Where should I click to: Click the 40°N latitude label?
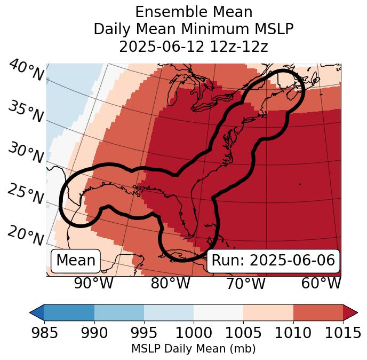[x=26, y=71]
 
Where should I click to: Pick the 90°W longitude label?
[x=93, y=284]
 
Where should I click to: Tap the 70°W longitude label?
[x=245, y=284]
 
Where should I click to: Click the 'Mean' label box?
[x=76, y=261]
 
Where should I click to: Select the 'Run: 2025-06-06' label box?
[x=273, y=261]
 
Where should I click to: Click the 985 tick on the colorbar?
[x=44, y=333]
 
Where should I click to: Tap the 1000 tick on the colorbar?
[x=194, y=333]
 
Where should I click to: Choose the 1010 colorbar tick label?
[x=293, y=333]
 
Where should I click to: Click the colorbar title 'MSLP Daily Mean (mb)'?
[x=193, y=349]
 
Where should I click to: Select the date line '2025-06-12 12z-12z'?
[x=193, y=46]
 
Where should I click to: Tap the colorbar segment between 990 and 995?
[x=119, y=312]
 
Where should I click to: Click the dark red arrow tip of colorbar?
[x=351, y=312]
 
